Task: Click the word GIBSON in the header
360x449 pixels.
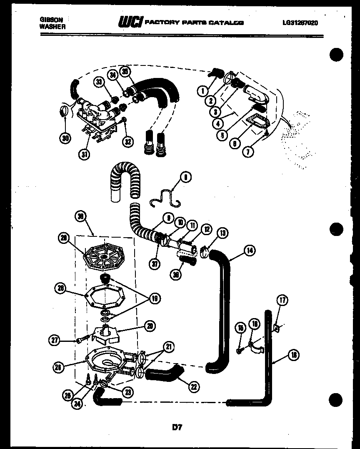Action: coord(49,19)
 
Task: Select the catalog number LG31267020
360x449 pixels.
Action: coord(300,23)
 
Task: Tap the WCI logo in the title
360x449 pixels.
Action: coord(130,22)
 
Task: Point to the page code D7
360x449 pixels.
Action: coord(177,427)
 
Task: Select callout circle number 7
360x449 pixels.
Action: coord(248,152)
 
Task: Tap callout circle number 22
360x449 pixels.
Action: coord(193,386)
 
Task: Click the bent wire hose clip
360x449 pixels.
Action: coord(165,197)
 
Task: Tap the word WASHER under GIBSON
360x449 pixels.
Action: coord(52,26)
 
